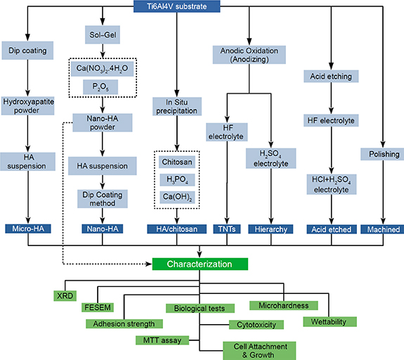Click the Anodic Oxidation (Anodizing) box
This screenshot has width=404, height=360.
(x=249, y=55)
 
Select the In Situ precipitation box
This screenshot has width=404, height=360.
(x=176, y=107)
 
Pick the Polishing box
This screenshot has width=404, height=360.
(x=382, y=153)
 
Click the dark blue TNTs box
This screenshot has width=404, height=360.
(x=226, y=229)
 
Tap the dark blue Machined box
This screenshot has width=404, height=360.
(x=382, y=229)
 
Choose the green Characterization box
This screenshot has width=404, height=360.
(x=200, y=265)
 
